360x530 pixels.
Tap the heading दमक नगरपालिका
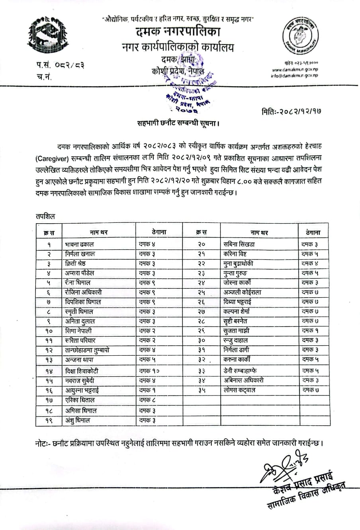tap(178, 31)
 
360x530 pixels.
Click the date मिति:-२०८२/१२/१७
tap(292, 111)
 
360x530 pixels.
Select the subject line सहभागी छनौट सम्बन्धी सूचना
tap(178, 123)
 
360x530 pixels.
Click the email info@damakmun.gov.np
tap(294, 75)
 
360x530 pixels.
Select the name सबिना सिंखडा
tap(239, 244)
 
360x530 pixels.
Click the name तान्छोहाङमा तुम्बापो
tap(87, 351)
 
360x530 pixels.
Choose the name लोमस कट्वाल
tap(239, 390)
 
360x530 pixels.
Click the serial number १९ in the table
tap(49, 420)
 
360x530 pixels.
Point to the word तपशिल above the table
tap(45, 216)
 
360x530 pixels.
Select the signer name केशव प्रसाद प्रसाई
tap(303, 483)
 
